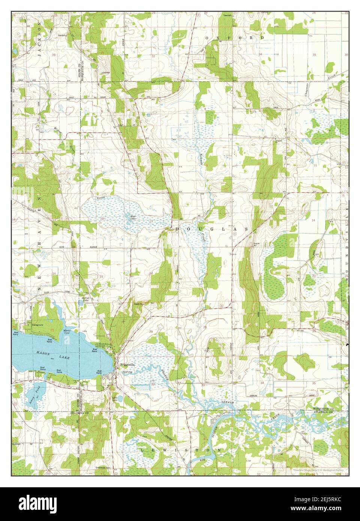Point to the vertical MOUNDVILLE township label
(x=346, y=240)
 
